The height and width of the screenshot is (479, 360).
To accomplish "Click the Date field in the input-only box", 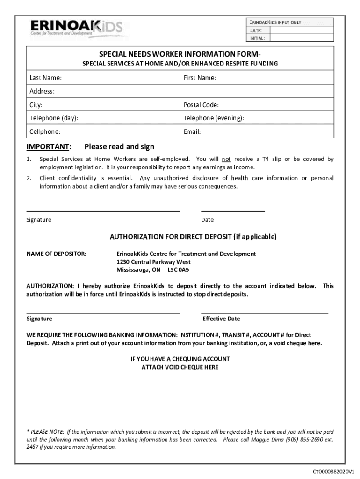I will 302,30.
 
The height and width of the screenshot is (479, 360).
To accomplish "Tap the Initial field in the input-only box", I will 302,38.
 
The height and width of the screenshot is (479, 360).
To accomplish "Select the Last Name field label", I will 46,78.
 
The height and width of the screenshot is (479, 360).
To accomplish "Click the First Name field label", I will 200,78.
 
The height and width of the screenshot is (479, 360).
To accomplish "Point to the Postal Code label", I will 201,105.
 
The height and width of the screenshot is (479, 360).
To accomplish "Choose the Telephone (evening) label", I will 213,118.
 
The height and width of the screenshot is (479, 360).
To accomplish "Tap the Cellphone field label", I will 45,132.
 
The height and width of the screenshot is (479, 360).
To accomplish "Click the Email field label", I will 192,132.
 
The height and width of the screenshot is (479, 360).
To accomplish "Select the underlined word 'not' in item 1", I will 226,159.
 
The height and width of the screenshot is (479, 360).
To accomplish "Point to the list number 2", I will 29,178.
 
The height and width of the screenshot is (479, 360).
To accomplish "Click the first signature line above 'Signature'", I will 103,211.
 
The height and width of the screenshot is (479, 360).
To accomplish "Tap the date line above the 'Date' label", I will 233,211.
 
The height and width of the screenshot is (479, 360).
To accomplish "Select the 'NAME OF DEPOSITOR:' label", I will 56,254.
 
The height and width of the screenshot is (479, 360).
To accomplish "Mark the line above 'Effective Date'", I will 265,312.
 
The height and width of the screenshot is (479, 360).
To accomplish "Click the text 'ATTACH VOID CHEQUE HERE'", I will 180,367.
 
